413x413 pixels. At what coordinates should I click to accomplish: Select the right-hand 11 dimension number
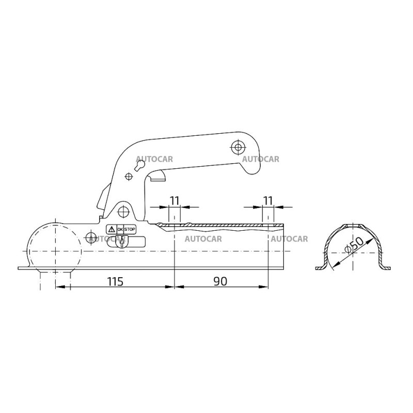(x=268, y=199)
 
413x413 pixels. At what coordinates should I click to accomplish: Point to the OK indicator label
(x=120, y=229)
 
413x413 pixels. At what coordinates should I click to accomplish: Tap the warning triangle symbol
(x=111, y=229)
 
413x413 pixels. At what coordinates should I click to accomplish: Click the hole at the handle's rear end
(x=238, y=148)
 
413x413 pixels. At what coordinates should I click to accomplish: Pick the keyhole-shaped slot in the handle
(x=140, y=165)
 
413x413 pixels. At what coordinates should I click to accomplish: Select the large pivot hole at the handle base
(x=123, y=212)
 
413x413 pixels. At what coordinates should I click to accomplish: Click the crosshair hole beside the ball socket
(x=92, y=237)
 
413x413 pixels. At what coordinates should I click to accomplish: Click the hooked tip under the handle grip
(x=156, y=177)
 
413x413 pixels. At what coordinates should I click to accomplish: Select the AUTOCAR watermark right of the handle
(x=260, y=159)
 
